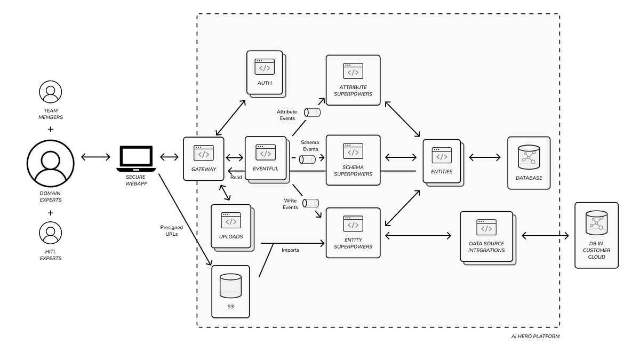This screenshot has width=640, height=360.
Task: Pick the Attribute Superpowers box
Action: [x=353, y=79]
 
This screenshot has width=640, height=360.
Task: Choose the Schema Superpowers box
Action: [x=353, y=159]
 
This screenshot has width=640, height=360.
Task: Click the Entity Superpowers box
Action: [x=353, y=233]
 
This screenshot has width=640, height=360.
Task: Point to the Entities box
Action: [x=442, y=161]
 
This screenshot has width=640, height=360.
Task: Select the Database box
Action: [x=529, y=162]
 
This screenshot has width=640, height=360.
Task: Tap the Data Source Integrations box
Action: [x=486, y=236]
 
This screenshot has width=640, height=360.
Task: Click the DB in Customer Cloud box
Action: [x=596, y=235]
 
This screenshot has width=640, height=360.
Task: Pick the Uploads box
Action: [x=230, y=226]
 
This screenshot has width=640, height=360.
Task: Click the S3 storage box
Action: [x=230, y=291]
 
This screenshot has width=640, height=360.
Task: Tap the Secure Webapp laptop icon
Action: [x=136, y=158]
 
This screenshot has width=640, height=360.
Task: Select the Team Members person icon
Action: [x=51, y=92]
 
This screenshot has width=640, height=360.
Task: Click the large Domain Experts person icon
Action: [x=51, y=164]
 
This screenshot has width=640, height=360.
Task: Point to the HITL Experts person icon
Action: [x=51, y=233]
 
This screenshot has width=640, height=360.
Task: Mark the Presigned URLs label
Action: [x=171, y=231]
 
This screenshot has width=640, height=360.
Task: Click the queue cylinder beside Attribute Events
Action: [x=312, y=113]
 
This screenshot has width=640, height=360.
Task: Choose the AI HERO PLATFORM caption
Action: [x=535, y=337]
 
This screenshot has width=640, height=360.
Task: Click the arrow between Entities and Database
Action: [x=484, y=157]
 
